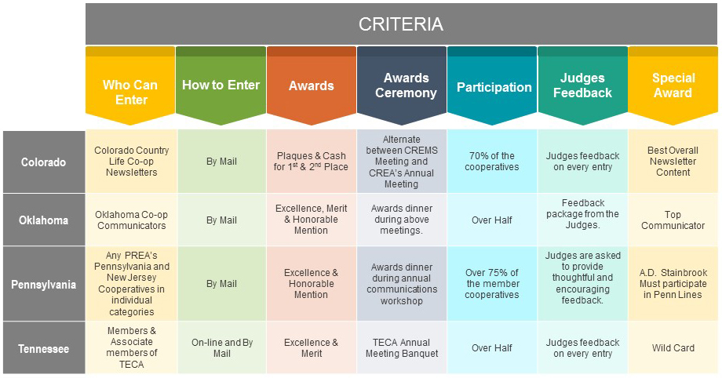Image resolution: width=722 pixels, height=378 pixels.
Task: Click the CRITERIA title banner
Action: tap(401, 24)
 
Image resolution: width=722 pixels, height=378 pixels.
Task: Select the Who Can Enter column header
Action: tap(130, 85)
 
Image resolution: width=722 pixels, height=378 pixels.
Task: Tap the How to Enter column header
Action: tap(221, 85)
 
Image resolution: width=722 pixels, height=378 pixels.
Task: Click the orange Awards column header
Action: tap(312, 85)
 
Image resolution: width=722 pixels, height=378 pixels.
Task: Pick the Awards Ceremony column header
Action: tap(402, 85)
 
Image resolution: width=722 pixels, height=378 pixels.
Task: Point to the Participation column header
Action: tap(492, 85)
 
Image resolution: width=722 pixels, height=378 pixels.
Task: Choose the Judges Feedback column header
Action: tap(582, 85)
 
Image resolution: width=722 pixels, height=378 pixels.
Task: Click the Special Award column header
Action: tap(673, 85)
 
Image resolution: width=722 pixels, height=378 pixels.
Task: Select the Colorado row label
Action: tap(44, 162)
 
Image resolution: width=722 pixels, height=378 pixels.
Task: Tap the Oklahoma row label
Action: tap(44, 220)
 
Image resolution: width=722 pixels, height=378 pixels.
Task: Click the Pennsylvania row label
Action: tap(44, 284)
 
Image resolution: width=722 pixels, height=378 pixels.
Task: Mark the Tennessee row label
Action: tap(44, 348)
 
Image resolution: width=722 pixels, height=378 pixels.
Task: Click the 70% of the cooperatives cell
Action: tap(492, 162)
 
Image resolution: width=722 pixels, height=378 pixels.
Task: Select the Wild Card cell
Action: tap(673, 348)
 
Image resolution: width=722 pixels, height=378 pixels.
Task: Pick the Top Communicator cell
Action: tap(673, 220)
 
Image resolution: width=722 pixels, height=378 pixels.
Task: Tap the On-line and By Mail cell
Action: tap(222, 348)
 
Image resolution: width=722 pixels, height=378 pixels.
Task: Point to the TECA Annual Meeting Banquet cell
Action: tap(402, 348)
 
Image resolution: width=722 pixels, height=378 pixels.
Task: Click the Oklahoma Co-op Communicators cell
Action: tap(131, 220)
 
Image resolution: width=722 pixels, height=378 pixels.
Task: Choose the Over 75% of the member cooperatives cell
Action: tap(492, 284)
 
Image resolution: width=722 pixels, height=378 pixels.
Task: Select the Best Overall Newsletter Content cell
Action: tap(673, 162)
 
